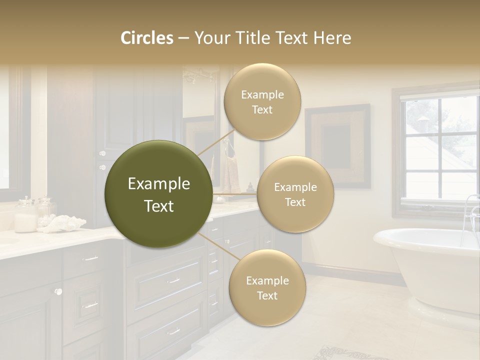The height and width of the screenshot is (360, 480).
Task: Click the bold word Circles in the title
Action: coord(147,37)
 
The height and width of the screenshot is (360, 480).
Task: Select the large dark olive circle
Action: coord(158,194)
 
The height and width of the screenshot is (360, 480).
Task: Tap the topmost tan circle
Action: coord(262,102)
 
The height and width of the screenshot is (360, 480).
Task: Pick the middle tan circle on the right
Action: coord(295,194)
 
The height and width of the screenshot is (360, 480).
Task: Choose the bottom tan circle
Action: coord(267,288)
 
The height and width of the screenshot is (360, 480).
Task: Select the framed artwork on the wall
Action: coord(338,145)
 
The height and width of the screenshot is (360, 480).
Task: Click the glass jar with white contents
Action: coord(25,215)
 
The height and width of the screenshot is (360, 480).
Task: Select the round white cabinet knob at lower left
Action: coord(58,291)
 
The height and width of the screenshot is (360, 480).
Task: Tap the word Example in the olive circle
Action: coord(158,184)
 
